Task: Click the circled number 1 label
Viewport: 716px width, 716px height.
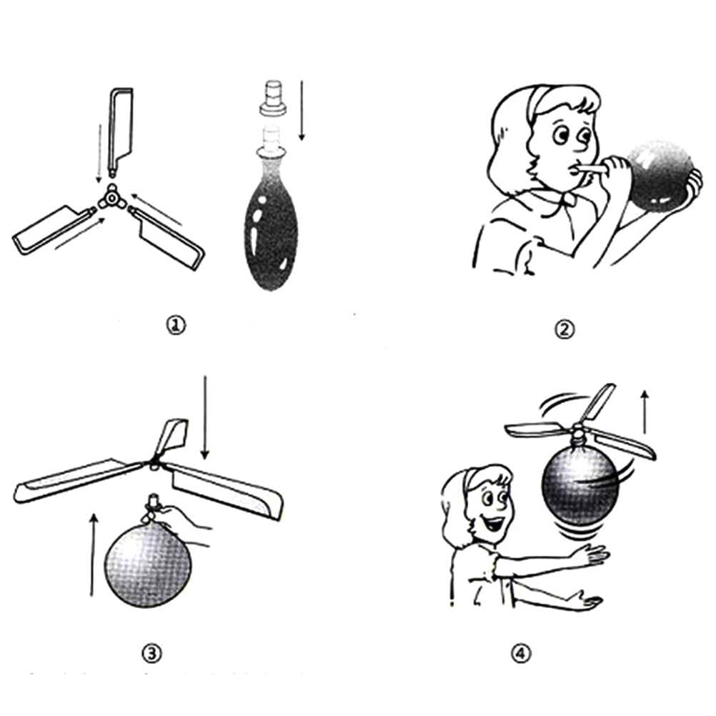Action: point(176,326)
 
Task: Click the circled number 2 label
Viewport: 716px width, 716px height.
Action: point(565,329)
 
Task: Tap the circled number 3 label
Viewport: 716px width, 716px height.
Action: point(151,655)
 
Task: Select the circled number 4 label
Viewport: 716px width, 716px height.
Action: point(521,655)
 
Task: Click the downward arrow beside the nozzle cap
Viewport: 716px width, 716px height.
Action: point(302,111)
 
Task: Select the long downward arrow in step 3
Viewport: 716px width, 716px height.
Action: point(205,417)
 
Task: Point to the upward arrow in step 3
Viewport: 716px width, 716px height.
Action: point(93,555)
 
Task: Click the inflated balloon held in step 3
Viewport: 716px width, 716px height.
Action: point(148,565)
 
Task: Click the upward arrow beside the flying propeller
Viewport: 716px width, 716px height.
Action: point(645,412)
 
